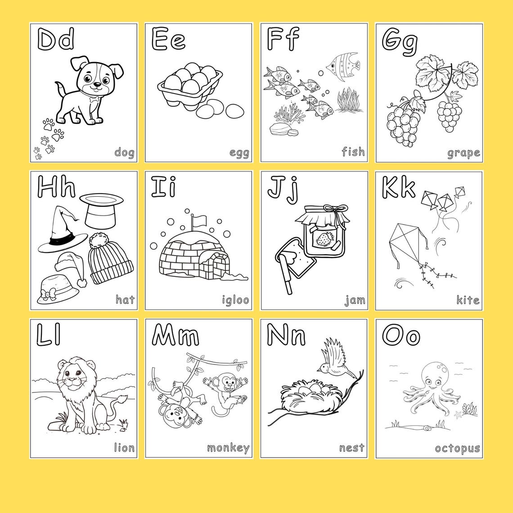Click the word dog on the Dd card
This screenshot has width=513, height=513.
pyautogui.click(x=124, y=153)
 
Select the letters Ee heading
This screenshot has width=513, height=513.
pyautogui.click(x=168, y=40)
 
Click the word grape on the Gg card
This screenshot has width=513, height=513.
pyautogui.click(x=463, y=153)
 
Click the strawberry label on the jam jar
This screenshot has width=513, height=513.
pyautogui.click(x=323, y=239)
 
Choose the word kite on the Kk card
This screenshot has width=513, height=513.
pyautogui.click(x=468, y=300)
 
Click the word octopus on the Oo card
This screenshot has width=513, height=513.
pyautogui.click(x=457, y=448)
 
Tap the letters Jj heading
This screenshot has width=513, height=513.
pyautogui.click(x=283, y=188)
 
